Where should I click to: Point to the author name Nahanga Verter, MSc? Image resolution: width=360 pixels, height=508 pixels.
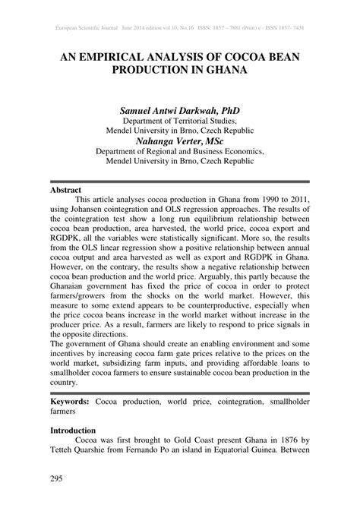click(x=179, y=140)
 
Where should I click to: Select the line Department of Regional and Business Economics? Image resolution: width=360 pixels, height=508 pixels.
click(x=179, y=151)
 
